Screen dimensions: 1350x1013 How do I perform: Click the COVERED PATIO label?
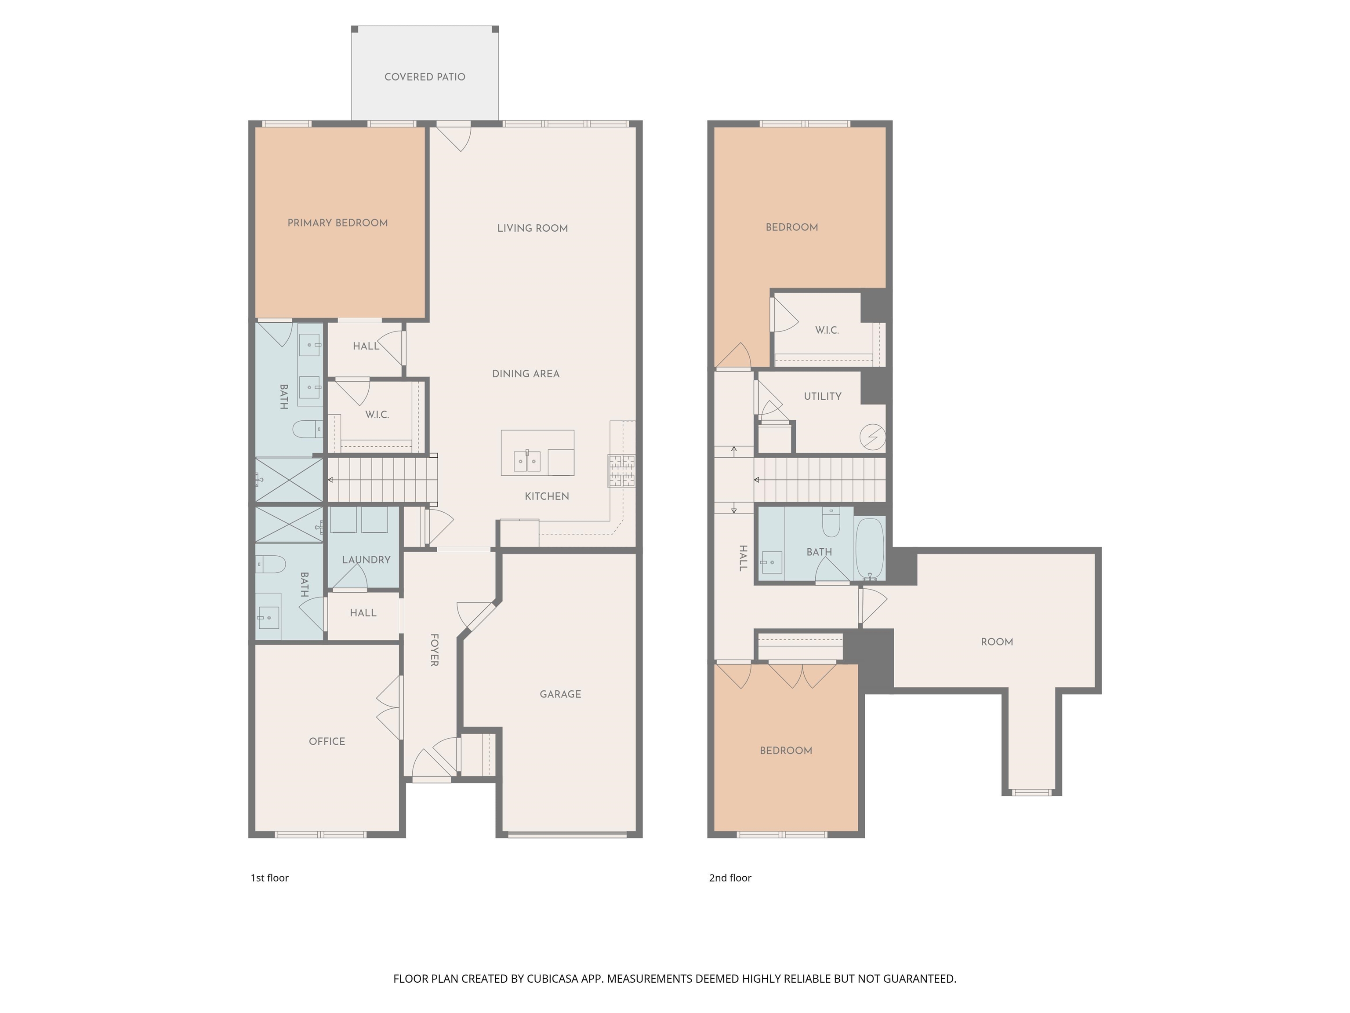425,77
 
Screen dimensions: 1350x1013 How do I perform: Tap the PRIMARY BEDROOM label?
337,223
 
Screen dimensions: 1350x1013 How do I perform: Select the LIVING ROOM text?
532,228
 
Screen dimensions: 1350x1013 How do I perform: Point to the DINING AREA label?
526,374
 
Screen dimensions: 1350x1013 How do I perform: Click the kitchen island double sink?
527,461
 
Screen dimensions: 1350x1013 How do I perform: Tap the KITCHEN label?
547,496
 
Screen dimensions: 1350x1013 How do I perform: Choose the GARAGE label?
560,694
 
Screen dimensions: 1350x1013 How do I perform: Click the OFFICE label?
327,741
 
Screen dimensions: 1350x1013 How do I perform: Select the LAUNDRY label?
366,560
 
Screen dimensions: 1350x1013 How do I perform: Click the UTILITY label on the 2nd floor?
823,396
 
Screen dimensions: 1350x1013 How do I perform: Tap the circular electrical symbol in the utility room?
872,437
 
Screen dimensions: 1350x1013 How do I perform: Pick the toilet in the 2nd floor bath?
831,522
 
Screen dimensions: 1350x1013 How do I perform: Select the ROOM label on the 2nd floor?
997,642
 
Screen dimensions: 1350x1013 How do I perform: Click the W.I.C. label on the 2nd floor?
827,330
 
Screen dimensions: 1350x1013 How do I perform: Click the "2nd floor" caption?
730,878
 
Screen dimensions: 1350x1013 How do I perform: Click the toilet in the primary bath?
308,429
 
